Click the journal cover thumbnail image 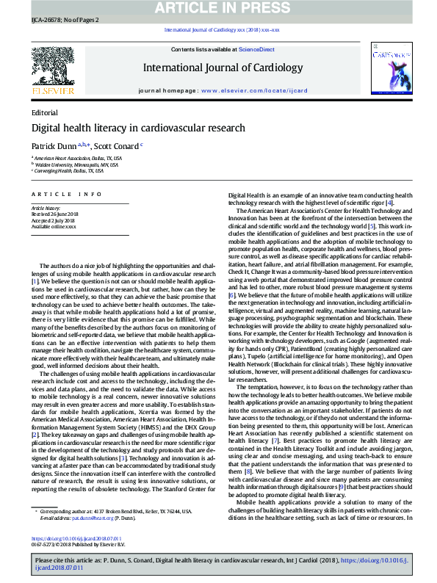click(x=390, y=70)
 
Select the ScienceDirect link click(x=256, y=49)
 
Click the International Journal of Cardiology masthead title click(x=222, y=68)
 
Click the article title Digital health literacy click(x=137, y=128)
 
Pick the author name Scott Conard click(x=117, y=146)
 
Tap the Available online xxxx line click(x=54, y=227)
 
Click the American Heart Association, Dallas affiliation click(x=78, y=158)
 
